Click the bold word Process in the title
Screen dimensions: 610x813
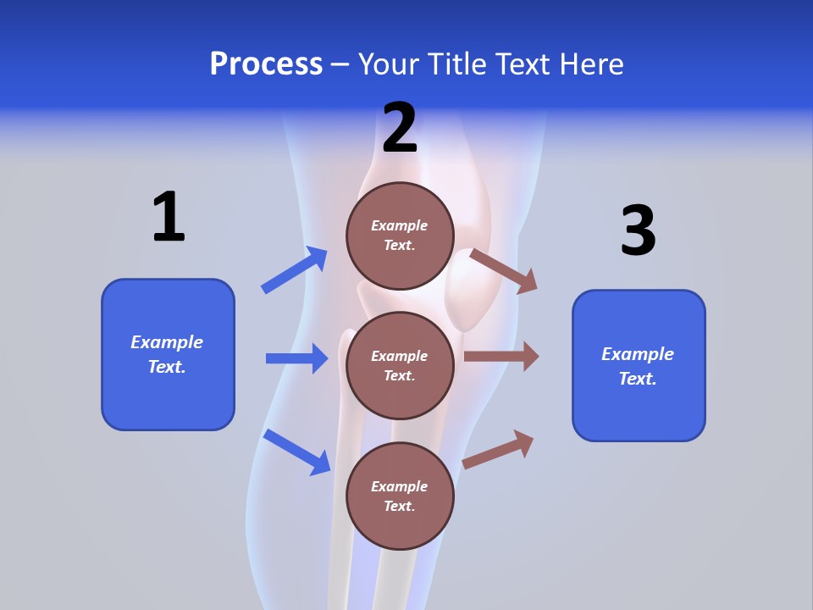point(266,64)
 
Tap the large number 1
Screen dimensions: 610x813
point(169,217)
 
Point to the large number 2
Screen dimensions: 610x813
point(400,129)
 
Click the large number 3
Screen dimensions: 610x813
point(638,230)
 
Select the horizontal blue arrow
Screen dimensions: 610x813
point(297,358)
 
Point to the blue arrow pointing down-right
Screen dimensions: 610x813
point(296,452)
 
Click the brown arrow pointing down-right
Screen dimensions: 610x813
point(504,271)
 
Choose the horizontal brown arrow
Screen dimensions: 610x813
point(501,357)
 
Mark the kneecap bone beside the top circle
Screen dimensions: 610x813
point(470,288)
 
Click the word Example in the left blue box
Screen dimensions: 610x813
point(167,342)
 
